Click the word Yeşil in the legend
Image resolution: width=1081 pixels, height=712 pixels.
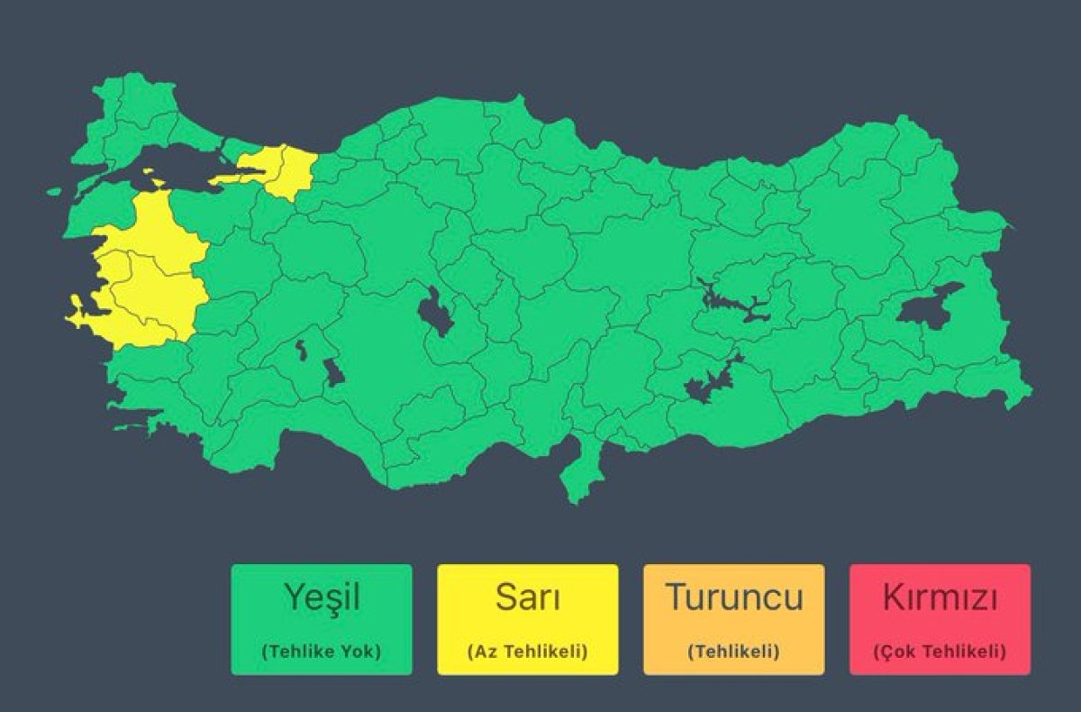tap(322, 597)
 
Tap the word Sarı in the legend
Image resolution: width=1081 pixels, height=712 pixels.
tap(527, 597)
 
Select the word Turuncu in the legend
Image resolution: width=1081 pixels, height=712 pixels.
tap(733, 597)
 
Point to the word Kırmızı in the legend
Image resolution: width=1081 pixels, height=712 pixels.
tap(940, 597)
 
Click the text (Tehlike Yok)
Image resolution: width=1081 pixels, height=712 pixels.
tap(322, 651)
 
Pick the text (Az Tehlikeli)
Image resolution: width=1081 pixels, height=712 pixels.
tap(527, 651)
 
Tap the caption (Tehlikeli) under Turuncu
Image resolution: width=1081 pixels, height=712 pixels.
tap(733, 651)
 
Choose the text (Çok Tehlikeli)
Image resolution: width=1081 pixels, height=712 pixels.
tap(940, 651)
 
